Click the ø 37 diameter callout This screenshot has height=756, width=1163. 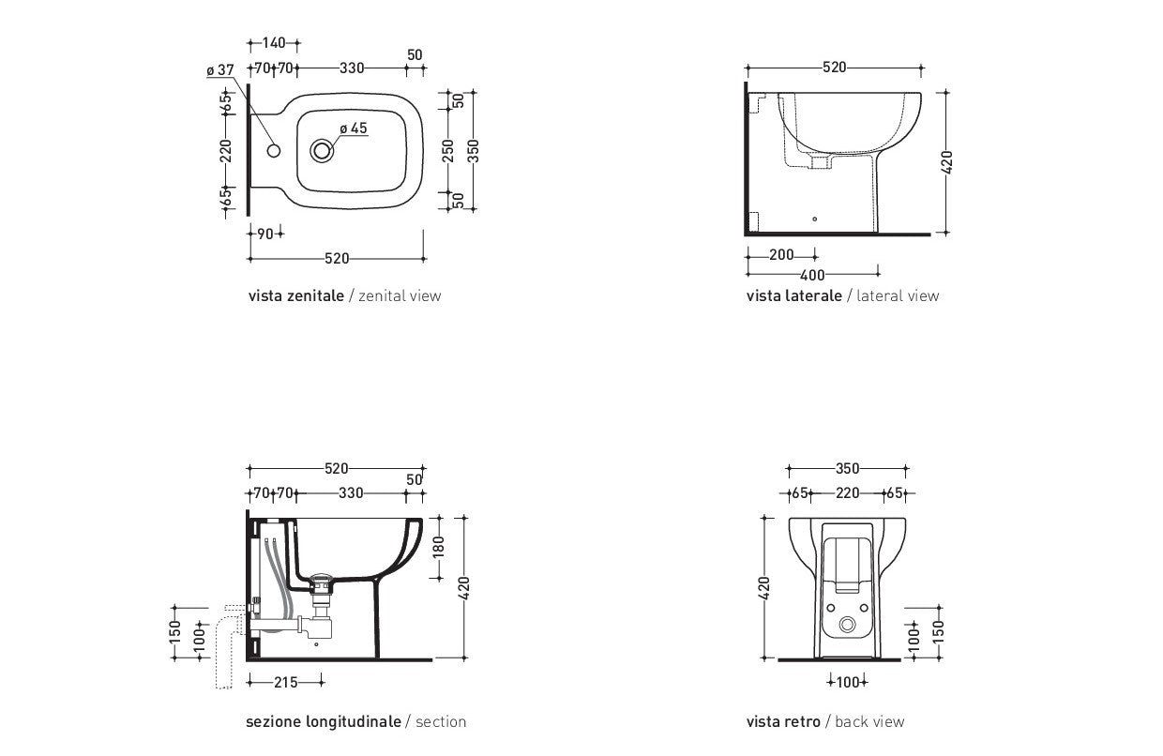pos(220,70)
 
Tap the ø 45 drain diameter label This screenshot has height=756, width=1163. pos(354,129)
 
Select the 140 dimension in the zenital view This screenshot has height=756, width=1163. pos(274,42)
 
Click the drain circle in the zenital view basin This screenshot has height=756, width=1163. pos(322,151)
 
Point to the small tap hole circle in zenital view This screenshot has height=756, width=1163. pos(274,151)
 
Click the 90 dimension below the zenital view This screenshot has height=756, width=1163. pos(264,234)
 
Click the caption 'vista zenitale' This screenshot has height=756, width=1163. pos(296,296)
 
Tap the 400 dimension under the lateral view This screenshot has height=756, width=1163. pos(812,275)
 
